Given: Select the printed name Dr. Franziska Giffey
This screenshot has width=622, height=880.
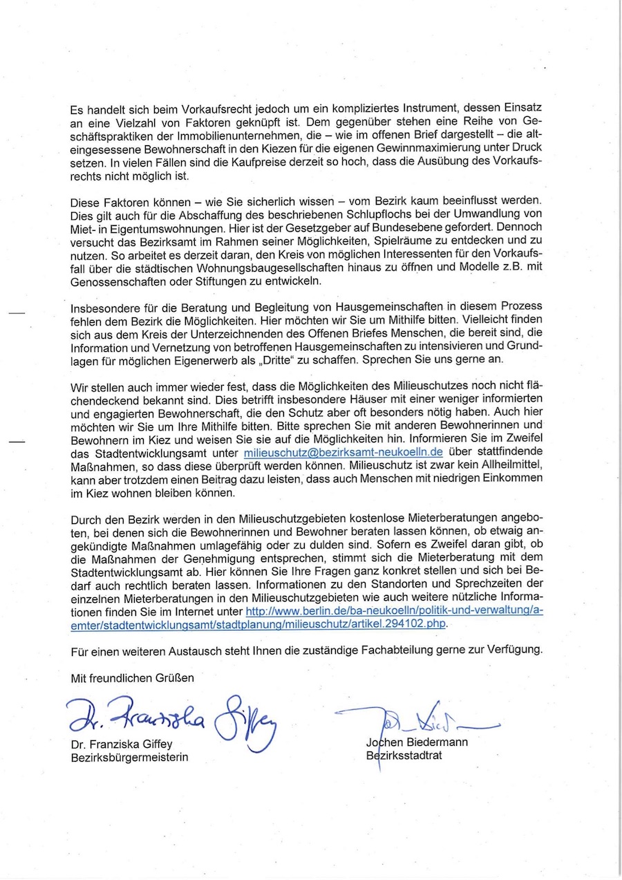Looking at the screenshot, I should (121, 745).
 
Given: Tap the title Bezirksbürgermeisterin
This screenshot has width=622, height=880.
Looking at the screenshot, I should (129, 757).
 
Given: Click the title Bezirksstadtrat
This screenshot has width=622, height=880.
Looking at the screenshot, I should (404, 756).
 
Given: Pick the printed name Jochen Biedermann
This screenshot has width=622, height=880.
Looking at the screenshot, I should (417, 742).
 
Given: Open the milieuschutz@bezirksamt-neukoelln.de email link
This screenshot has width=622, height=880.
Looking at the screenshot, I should (343, 453).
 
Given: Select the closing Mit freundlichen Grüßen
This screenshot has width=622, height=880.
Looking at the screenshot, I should (133, 678).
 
